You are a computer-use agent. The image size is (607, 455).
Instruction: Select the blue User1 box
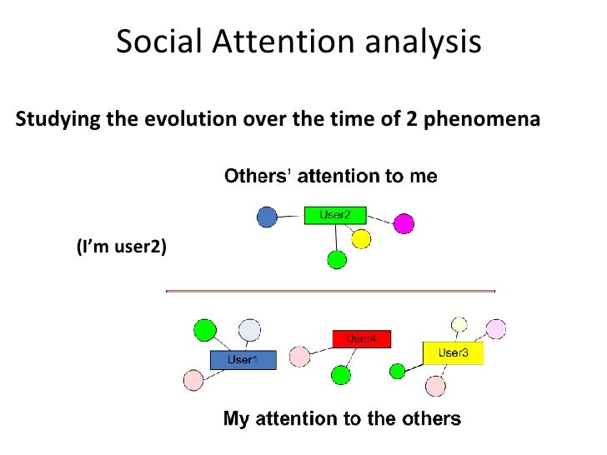pyautogui.click(x=242, y=360)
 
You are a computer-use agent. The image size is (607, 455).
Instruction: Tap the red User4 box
pyautogui.click(x=361, y=339)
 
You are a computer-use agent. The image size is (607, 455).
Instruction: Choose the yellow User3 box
pyautogui.click(x=453, y=353)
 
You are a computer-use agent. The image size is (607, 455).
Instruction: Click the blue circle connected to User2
pyautogui.click(x=267, y=217)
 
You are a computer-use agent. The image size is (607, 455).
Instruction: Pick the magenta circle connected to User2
pyautogui.click(x=404, y=223)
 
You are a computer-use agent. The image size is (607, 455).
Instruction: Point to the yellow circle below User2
pyautogui.click(x=360, y=240)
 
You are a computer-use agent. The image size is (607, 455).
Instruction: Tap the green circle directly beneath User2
pyautogui.click(x=336, y=260)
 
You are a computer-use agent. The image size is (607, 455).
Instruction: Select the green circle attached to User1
pyautogui.click(x=204, y=331)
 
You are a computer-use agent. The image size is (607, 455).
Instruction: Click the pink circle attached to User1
pyautogui.click(x=193, y=381)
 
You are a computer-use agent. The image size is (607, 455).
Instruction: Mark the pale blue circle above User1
pyautogui.click(x=249, y=331)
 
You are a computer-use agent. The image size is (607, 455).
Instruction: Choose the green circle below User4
pyautogui.click(x=340, y=375)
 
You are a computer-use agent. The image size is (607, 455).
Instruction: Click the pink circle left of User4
pyautogui.click(x=298, y=357)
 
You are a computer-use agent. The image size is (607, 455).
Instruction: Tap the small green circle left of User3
pyautogui.click(x=399, y=369)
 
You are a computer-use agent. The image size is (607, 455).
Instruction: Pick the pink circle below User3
pyautogui.click(x=435, y=386)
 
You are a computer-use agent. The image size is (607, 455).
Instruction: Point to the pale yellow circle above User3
pyautogui.click(x=459, y=323)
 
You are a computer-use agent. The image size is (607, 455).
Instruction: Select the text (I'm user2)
pyautogui.click(x=121, y=247)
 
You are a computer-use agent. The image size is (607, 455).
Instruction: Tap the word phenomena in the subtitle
pyautogui.click(x=484, y=120)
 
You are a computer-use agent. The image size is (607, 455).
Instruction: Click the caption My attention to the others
pyautogui.click(x=341, y=417)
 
